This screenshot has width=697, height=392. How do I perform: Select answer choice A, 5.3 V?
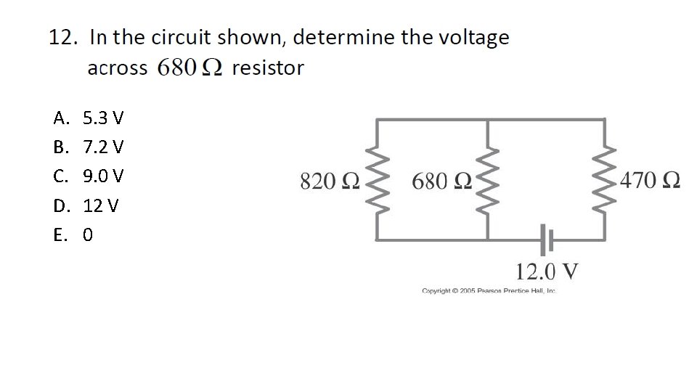point(88,118)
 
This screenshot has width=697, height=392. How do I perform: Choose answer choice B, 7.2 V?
point(88,147)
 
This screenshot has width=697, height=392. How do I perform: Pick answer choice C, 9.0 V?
point(88,176)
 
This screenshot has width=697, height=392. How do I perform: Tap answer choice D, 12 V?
point(86,206)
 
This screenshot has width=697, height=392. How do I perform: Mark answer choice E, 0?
point(73,236)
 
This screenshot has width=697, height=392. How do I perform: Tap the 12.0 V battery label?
point(547,271)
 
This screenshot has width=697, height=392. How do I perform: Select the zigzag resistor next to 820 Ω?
point(377,180)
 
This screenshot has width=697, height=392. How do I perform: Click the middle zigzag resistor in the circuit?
point(486,180)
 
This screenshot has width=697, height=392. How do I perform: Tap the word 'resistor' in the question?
point(268,68)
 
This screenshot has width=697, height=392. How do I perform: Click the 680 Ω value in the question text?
point(190,68)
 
